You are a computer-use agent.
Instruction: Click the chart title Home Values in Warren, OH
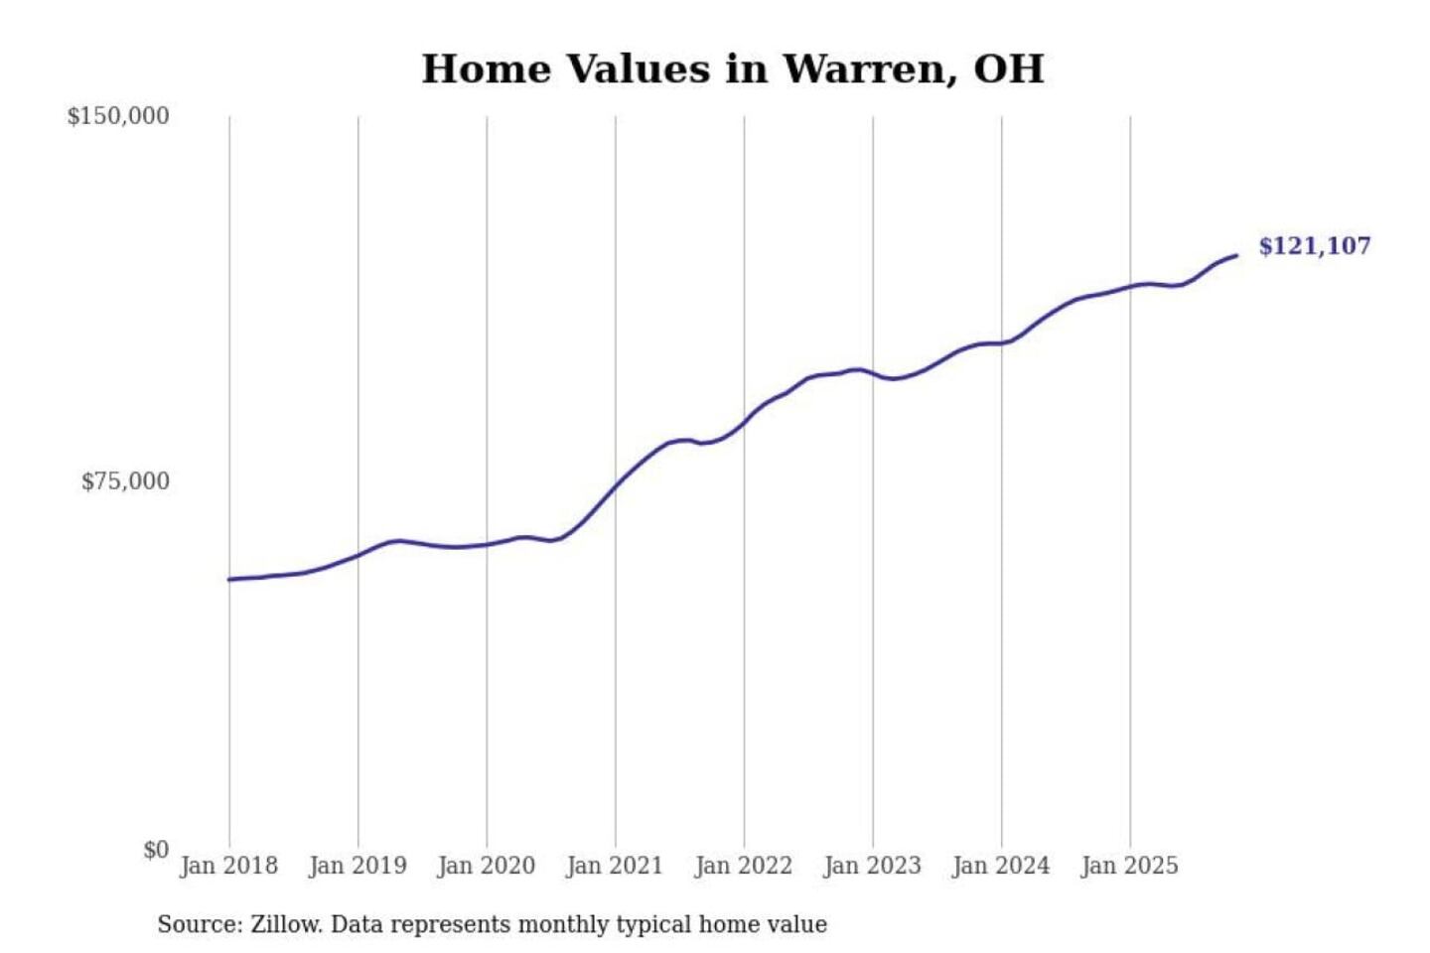click(733, 69)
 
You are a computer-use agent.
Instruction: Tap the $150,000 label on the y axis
click(118, 116)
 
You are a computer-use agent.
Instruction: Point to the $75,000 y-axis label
click(125, 482)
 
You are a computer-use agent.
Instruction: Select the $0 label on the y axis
click(156, 850)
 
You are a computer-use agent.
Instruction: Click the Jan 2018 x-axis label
click(228, 866)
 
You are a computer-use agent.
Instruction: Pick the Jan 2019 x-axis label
click(357, 866)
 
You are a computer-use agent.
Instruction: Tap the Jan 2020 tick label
click(486, 866)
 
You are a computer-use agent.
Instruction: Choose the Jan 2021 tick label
click(615, 866)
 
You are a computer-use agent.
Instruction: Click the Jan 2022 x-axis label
click(744, 866)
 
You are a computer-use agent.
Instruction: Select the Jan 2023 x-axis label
click(872, 866)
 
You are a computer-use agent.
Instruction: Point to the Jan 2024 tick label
click(1001, 866)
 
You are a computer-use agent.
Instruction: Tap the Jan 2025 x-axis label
click(1129, 866)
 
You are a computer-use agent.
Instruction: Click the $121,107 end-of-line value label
click(1315, 246)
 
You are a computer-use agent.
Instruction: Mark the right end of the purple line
click(1236, 256)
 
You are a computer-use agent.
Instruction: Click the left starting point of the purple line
click(229, 579)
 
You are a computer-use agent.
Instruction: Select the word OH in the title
click(1009, 69)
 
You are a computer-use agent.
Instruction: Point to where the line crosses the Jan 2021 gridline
click(616, 485)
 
